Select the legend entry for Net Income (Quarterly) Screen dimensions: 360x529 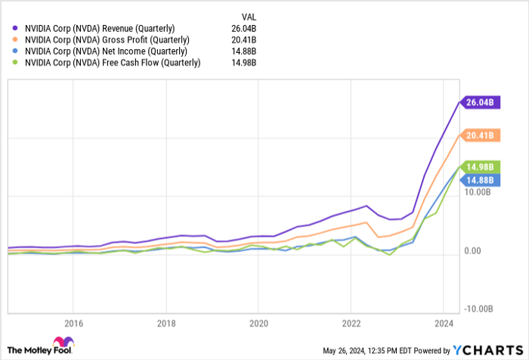click(95, 51)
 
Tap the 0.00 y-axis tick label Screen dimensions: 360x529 click(474, 250)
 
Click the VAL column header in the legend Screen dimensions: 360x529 click(247, 14)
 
